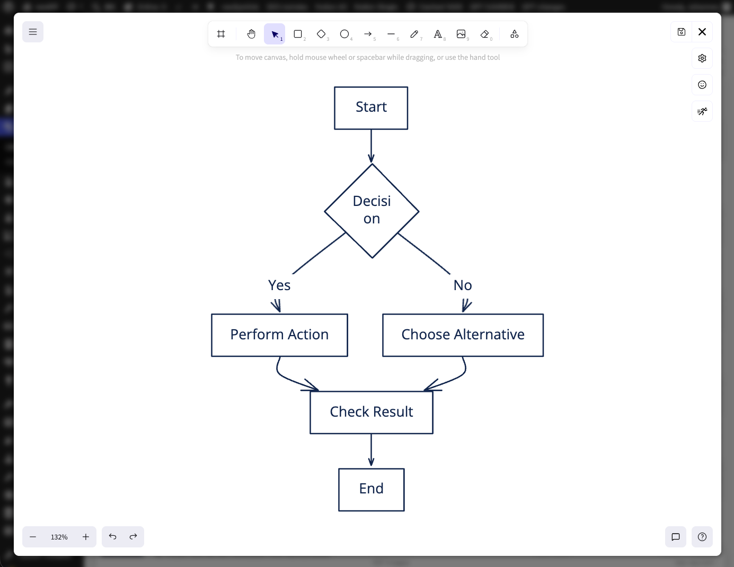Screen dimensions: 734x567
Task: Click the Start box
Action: coord(371,108)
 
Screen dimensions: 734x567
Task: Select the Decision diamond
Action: coord(372,211)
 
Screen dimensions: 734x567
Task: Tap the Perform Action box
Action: coord(279,335)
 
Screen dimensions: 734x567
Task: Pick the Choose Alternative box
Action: coord(463,335)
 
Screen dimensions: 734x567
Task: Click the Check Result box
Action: coord(371,412)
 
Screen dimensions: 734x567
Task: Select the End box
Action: coord(371,489)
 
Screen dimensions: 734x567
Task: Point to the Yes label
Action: coord(279,285)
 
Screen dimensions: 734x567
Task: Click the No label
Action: coord(463,285)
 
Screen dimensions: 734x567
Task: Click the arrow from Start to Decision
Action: coord(371,146)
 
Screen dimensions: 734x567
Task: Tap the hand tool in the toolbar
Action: coord(251,34)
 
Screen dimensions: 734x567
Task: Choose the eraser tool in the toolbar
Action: coord(484,34)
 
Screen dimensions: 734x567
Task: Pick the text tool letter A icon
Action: coord(438,34)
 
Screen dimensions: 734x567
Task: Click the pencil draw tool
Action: coord(414,34)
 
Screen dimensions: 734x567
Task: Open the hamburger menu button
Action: coord(33,32)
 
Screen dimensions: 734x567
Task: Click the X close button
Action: coord(702,32)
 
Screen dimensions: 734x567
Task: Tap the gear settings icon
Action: coord(702,58)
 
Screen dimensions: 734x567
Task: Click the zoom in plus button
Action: coord(86,537)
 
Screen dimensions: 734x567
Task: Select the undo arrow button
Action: coord(112,537)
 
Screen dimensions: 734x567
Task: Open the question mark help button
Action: coord(702,537)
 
